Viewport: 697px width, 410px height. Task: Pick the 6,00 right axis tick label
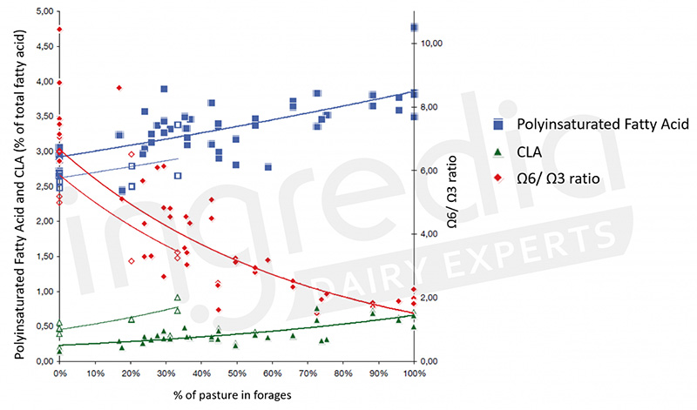(430, 171)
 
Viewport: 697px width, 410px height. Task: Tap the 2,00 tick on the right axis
(430, 298)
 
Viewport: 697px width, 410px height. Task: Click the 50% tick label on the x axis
(236, 374)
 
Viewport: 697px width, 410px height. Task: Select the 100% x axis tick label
(414, 374)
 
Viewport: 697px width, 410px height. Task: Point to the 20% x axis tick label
(130, 374)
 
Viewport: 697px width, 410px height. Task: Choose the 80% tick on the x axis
(342, 374)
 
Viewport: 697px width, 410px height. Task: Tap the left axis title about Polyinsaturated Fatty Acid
(19, 187)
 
